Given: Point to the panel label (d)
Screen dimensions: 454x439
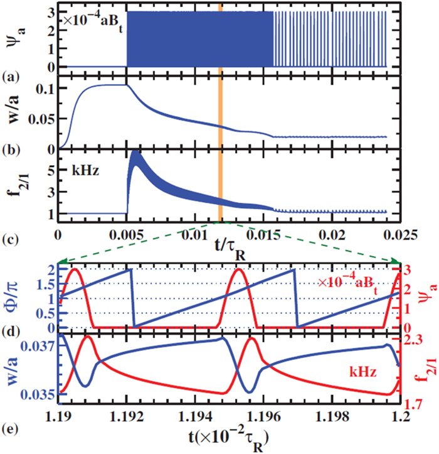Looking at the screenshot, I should point(11,340).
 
